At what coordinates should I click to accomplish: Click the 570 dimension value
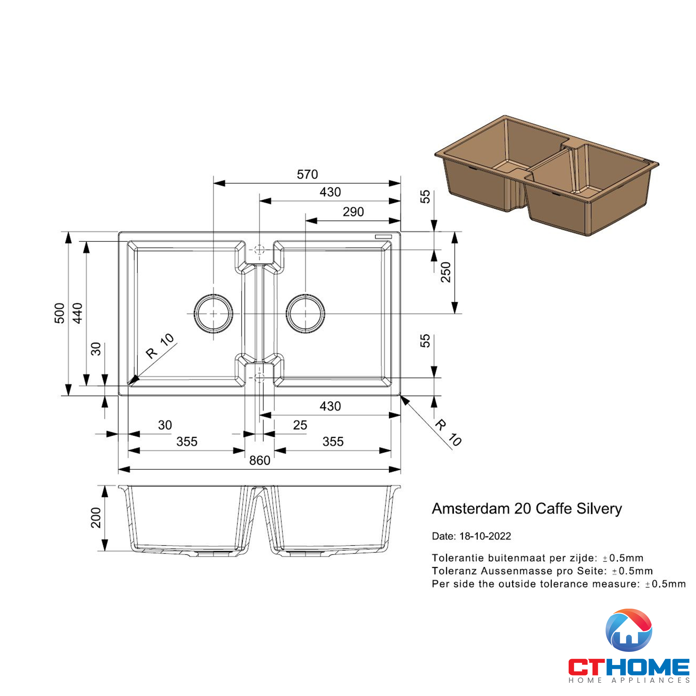(x=307, y=175)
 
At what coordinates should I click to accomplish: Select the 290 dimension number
(x=353, y=212)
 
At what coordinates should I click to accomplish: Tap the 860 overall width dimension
(x=259, y=460)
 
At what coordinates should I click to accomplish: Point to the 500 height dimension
(x=60, y=313)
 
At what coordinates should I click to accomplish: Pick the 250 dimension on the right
(x=446, y=272)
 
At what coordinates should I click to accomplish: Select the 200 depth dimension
(x=96, y=518)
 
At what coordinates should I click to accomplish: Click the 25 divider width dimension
(x=300, y=425)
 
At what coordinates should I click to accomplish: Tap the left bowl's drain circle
(x=213, y=314)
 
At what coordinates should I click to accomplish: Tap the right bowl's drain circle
(x=306, y=314)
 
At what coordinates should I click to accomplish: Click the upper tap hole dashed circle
(x=259, y=249)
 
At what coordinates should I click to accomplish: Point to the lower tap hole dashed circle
(x=259, y=378)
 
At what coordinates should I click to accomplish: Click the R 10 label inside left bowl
(x=160, y=346)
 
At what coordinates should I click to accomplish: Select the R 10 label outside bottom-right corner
(x=448, y=433)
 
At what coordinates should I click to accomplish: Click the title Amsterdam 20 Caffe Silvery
(x=527, y=509)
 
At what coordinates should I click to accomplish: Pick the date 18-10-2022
(x=485, y=536)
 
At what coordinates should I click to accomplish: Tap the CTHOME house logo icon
(x=628, y=631)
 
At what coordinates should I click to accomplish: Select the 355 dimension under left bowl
(x=187, y=442)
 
